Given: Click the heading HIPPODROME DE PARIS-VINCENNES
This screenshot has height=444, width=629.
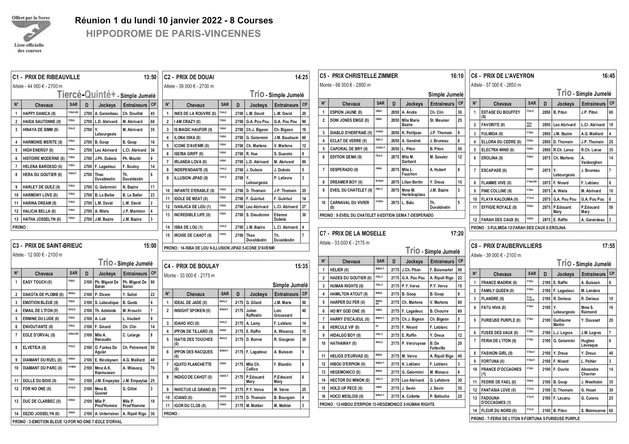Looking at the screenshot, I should point(173,34).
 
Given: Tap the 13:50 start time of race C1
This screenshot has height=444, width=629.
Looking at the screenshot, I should point(150,77).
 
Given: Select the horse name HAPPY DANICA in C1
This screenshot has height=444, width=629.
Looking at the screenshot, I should point(39,113).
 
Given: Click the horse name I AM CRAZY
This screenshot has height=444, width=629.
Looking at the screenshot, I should point(187,122).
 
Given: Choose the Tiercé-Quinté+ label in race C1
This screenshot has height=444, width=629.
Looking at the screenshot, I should point(86,94).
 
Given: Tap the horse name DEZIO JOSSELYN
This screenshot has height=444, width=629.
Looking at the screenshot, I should point(41,414).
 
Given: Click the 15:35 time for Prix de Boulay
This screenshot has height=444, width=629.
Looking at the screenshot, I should point(301,266).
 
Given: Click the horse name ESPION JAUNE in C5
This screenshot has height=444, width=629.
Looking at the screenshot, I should point(346,112).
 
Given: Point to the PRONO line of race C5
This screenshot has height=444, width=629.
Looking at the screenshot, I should point(376,215).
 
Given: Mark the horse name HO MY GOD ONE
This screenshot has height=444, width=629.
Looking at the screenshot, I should point(347,311).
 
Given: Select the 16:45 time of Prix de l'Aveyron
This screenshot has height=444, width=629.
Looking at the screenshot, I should point(608,76).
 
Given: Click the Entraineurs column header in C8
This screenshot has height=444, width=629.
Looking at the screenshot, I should point(593,274).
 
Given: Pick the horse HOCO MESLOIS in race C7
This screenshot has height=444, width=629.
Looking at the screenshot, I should point(346,396).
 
